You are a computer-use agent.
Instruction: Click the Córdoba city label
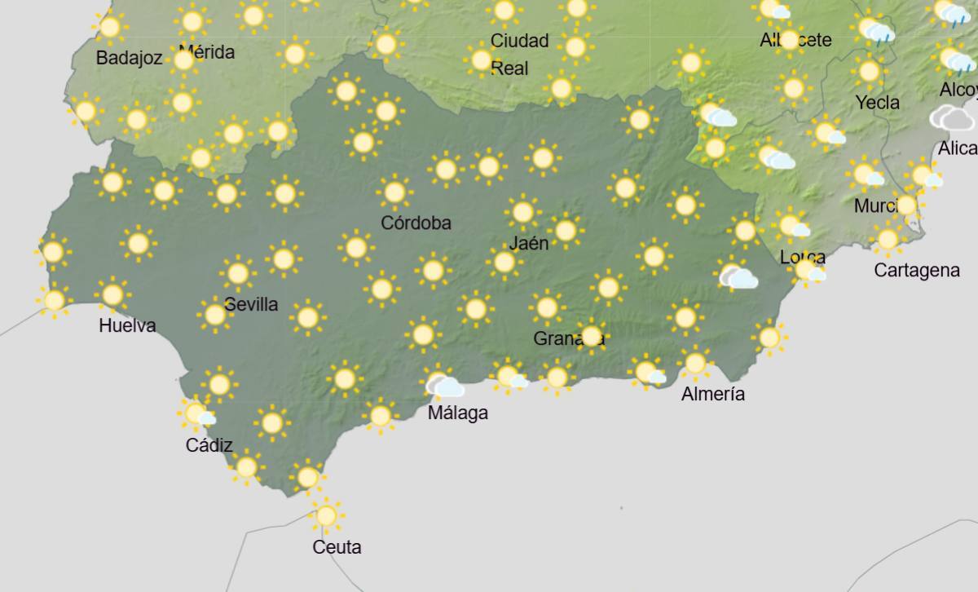point(416,223)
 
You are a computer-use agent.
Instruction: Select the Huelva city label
point(127,325)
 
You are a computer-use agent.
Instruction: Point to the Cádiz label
point(209,445)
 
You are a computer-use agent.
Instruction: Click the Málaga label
point(458,413)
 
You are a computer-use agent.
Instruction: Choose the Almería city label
point(713,394)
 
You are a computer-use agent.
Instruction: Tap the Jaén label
point(529,242)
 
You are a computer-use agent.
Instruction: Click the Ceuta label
point(337,547)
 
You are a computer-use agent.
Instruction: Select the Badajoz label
point(129,58)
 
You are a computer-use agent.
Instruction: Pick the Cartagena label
point(917,270)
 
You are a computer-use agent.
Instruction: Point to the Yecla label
point(878,103)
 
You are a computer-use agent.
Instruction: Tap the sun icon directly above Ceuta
point(326,515)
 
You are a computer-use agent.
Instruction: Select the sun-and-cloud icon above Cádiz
point(196,414)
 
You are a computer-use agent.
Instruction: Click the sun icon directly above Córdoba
point(394,192)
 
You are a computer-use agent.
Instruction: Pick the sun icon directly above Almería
point(695,363)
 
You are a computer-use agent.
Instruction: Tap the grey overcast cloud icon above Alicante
point(952,118)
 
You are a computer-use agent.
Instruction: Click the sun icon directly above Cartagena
point(888,240)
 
